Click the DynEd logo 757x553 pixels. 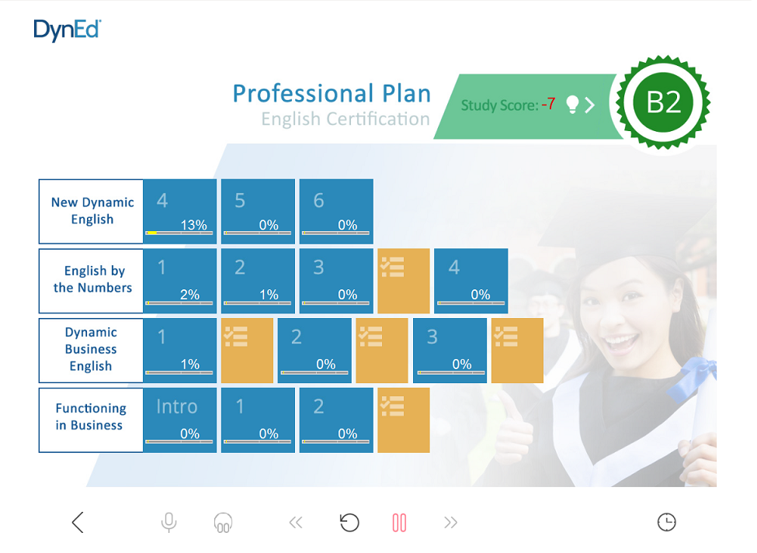click(67, 30)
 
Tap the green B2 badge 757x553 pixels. click(663, 102)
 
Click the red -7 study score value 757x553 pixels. click(548, 104)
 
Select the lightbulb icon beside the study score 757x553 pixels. click(572, 105)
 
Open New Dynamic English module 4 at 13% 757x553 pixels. click(179, 211)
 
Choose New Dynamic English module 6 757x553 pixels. click(336, 211)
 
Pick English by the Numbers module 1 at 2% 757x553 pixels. click(179, 281)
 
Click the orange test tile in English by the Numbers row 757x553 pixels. click(404, 281)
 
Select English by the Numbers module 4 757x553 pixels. click(471, 281)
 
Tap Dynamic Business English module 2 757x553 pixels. click(314, 351)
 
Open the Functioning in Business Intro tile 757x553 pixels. click(179, 420)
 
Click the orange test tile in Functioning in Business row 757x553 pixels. click(404, 420)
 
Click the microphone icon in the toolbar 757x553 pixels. click(169, 523)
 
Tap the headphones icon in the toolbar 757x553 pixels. click(223, 523)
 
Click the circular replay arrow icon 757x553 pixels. click(349, 523)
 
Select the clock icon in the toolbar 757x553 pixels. click(667, 522)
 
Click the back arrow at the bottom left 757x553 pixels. click(78, 523)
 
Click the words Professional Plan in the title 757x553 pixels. click(332, 94)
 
